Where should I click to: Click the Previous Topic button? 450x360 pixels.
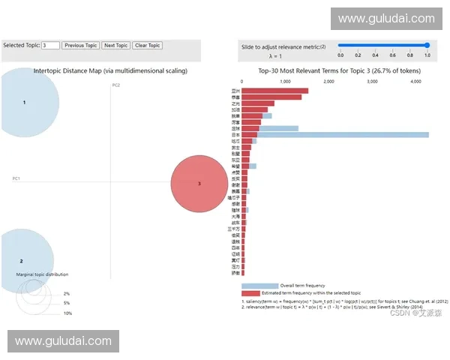[80, 46]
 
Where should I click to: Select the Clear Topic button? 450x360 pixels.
[147, 46]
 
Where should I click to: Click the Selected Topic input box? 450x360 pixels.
[50, 46]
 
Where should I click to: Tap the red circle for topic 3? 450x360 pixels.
[199, 184]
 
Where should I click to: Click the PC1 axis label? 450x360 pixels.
[16, 178]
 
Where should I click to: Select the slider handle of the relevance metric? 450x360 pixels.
[427, 45]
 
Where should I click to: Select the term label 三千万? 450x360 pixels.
[234, 229]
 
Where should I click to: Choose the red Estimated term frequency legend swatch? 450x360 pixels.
[250, 292]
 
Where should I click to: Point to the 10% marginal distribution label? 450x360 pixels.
[67, 313]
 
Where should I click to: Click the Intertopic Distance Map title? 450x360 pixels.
[110, 70]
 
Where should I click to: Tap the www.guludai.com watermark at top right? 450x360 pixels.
[386, 19]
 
